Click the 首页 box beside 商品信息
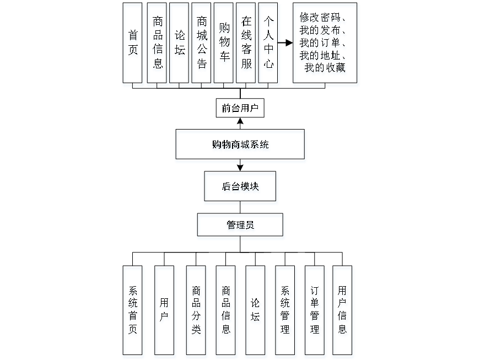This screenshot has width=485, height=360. click(133, 45)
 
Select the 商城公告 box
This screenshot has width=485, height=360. click(202, 45)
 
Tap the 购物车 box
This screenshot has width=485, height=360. click(224, 45)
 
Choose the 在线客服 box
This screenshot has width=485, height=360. click(246, 45)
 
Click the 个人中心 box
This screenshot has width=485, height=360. click(268, 45)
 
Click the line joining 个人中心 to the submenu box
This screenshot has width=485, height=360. click(285, 42)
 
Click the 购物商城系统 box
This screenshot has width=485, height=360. click(241, 146)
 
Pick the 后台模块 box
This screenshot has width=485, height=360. click(241, 187)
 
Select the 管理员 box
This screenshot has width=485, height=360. click(241, 227)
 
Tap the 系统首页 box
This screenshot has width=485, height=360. click(133, 311)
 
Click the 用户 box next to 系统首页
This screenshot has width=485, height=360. click(164, 311)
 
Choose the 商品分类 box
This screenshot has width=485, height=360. click(196, 311)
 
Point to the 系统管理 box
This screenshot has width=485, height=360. click(285, 311)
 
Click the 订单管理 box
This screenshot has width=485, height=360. click(315, 311)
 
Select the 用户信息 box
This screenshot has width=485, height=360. click(343, 311)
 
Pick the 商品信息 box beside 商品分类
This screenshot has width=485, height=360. click(226, 311)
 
